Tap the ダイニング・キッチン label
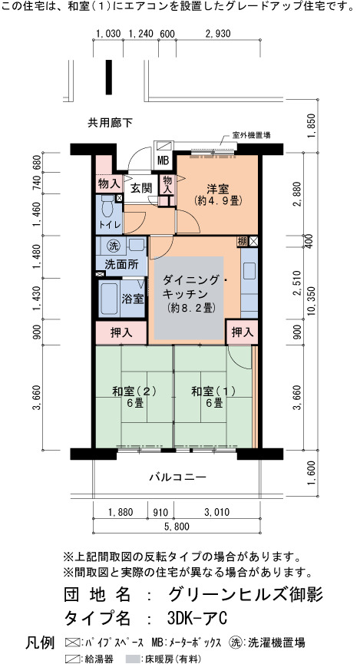pos(190,286)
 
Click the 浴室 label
pos(133,299)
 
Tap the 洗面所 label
pos(121,264)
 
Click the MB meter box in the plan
pos(163,161)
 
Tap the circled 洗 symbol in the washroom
pos(113,245)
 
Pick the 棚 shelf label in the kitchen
pos(243,242)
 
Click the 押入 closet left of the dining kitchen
pos(121,333)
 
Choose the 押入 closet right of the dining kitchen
pos(243,333)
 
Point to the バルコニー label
pos(178,477)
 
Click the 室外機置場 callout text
pos(252,136)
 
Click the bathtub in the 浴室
pos(110,299)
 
